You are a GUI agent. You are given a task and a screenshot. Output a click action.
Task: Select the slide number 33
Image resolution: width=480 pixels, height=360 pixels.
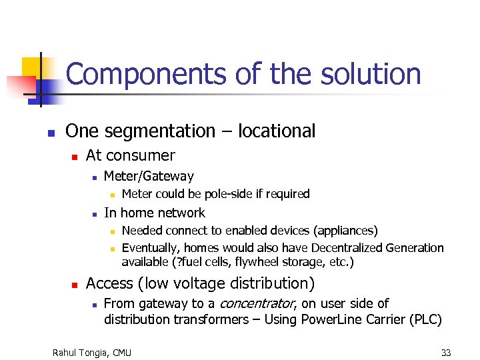445,352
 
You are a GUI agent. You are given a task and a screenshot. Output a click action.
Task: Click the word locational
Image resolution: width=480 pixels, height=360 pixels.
273,131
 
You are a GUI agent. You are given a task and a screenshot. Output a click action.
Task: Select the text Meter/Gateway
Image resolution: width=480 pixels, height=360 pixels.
149,177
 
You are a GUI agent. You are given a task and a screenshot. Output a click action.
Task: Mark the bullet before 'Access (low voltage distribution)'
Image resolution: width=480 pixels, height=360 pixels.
75,285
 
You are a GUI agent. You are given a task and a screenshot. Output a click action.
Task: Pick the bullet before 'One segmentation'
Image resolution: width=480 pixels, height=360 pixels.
51,133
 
